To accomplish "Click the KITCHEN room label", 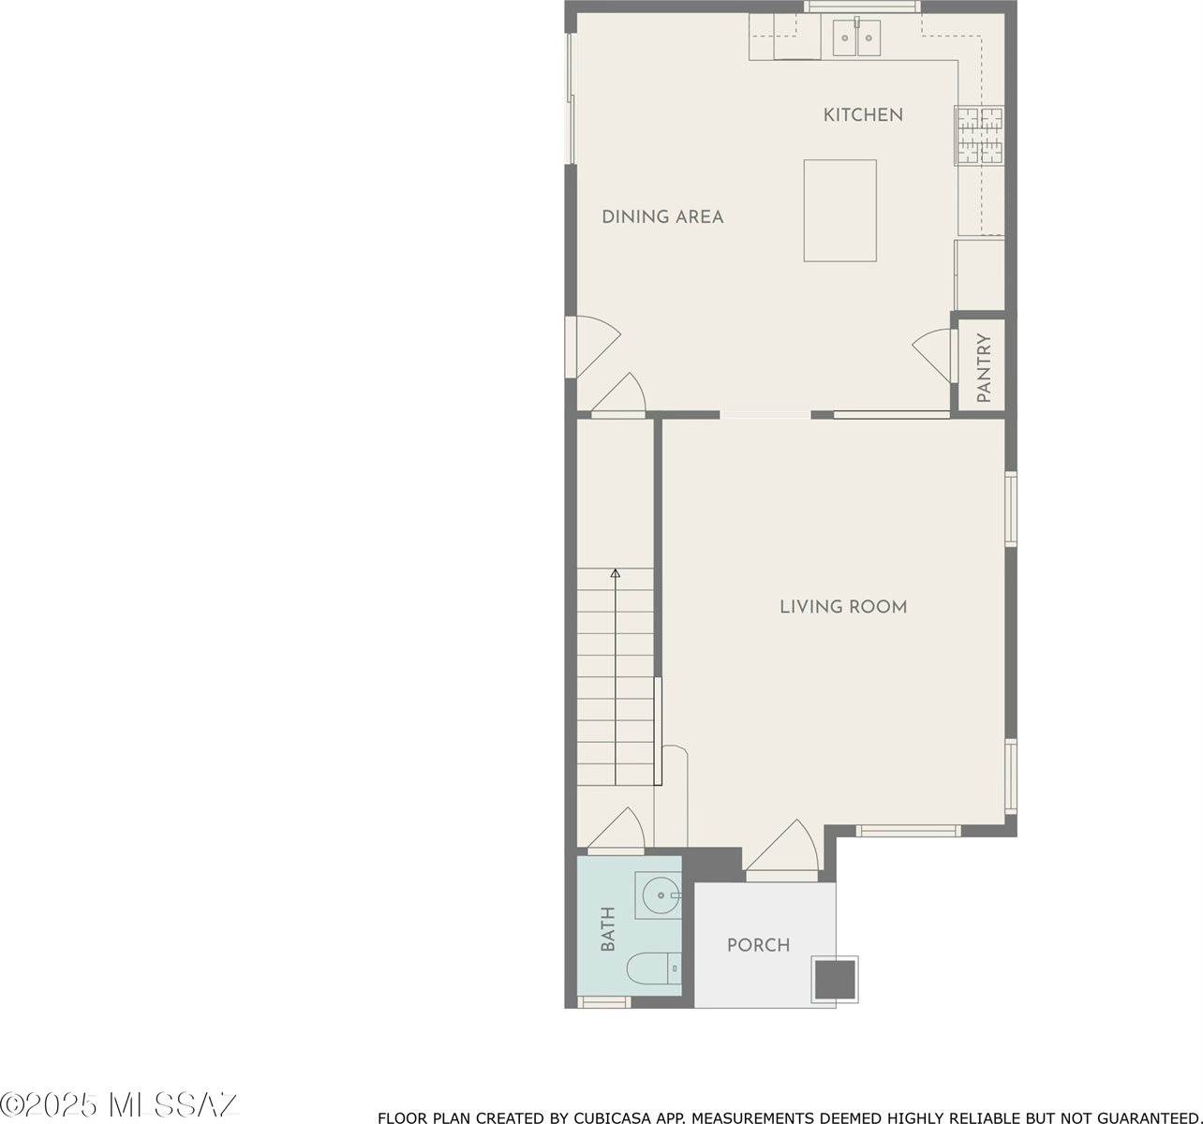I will click(863, 115).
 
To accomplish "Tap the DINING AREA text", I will click(662, 216).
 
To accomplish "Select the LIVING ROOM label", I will click(843, 607).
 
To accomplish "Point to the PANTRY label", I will click(984, 368).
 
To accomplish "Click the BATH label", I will click(608, 928).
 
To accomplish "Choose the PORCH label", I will click(758, 945).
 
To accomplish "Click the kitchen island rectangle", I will click(840, 211).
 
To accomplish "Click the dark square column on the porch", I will click(834, 979).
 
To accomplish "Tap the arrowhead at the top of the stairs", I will click(616, 571).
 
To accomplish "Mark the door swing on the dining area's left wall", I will click(593, 347).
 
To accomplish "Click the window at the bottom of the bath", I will click(602, 1002).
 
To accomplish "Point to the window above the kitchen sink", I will click(862, 7).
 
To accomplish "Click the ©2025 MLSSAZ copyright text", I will click(120, 1105).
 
